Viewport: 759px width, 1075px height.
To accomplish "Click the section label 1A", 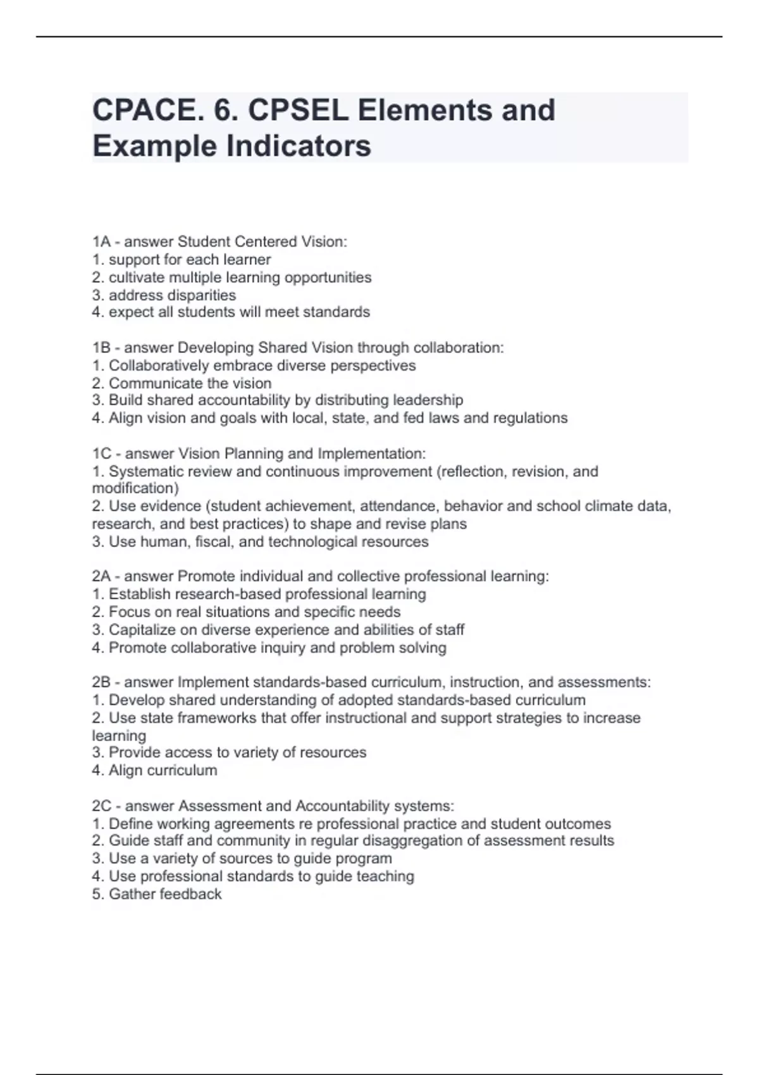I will tap(101, 242).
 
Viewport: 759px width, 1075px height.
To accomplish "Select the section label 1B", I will tap(101, 348).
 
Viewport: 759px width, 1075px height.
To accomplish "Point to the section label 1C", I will tap(102, 453).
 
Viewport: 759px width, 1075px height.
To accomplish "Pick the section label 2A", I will tap(101, 576).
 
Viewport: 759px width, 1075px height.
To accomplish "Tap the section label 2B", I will tap(101, 682).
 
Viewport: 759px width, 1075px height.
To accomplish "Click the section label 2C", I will tap(102, 806).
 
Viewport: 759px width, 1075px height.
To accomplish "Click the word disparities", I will tap(196, 295).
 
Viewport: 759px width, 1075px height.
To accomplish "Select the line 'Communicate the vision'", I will tap(190, 383).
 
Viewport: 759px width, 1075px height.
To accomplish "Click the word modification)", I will tap(135, 488).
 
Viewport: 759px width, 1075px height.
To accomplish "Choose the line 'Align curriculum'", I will tap(163, 770).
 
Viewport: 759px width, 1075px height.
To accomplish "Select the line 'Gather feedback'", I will tap(164, 894).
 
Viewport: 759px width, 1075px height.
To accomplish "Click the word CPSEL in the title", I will tap(297, 110).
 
